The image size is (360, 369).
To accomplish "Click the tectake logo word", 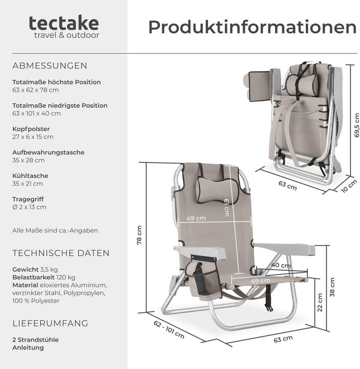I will (64, 23).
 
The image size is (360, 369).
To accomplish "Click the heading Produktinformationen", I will (252, 27).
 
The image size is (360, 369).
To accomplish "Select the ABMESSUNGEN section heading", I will (50, 66).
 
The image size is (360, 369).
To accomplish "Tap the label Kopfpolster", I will (31, 129).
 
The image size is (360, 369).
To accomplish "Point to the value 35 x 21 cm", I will (28, 183).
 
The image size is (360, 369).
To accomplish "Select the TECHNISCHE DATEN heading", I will (60, 253).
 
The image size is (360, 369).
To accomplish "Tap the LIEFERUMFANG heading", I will (50, 323).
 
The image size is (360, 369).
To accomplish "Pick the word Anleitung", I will (28, 347).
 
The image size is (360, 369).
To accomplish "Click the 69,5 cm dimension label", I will (357, 126).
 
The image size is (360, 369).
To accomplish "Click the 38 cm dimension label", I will (332, 288).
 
